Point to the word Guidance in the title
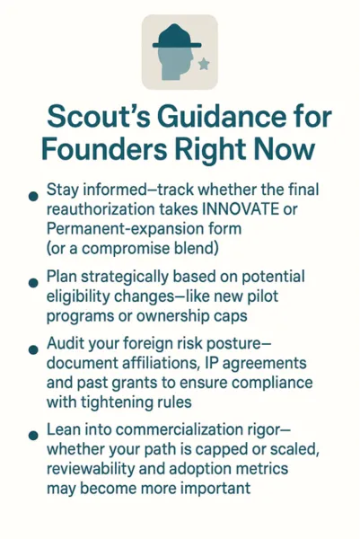click(224, 119)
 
